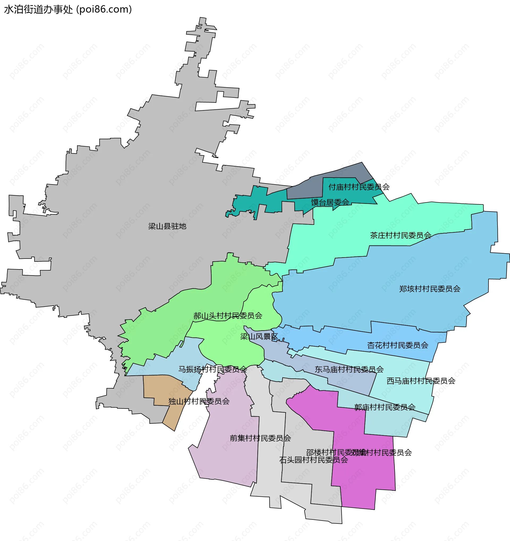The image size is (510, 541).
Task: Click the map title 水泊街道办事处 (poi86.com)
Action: coord(68,10)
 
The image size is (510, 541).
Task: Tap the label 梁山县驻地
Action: coord(167,226)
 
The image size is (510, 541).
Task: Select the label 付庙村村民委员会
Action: coord(359,187)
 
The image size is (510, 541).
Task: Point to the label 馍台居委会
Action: coord(330,202)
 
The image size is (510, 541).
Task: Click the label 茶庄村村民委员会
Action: coord(401,235)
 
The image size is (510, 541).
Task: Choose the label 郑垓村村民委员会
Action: coord(430,289)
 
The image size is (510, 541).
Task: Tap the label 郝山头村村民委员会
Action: coord(228,316)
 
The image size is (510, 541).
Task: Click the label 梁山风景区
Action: coord(259,337)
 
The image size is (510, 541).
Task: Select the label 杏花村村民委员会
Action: coord(398,345)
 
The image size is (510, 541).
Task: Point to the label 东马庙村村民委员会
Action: coord(349,369)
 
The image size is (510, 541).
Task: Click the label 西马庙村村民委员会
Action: coord(421,381)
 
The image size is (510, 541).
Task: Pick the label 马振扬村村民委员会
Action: coord(213,369)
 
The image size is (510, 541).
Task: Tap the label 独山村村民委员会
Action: coord(199,401)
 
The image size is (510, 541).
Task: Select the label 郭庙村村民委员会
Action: coord(385,407)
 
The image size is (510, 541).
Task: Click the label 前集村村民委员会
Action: coord(260,438)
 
